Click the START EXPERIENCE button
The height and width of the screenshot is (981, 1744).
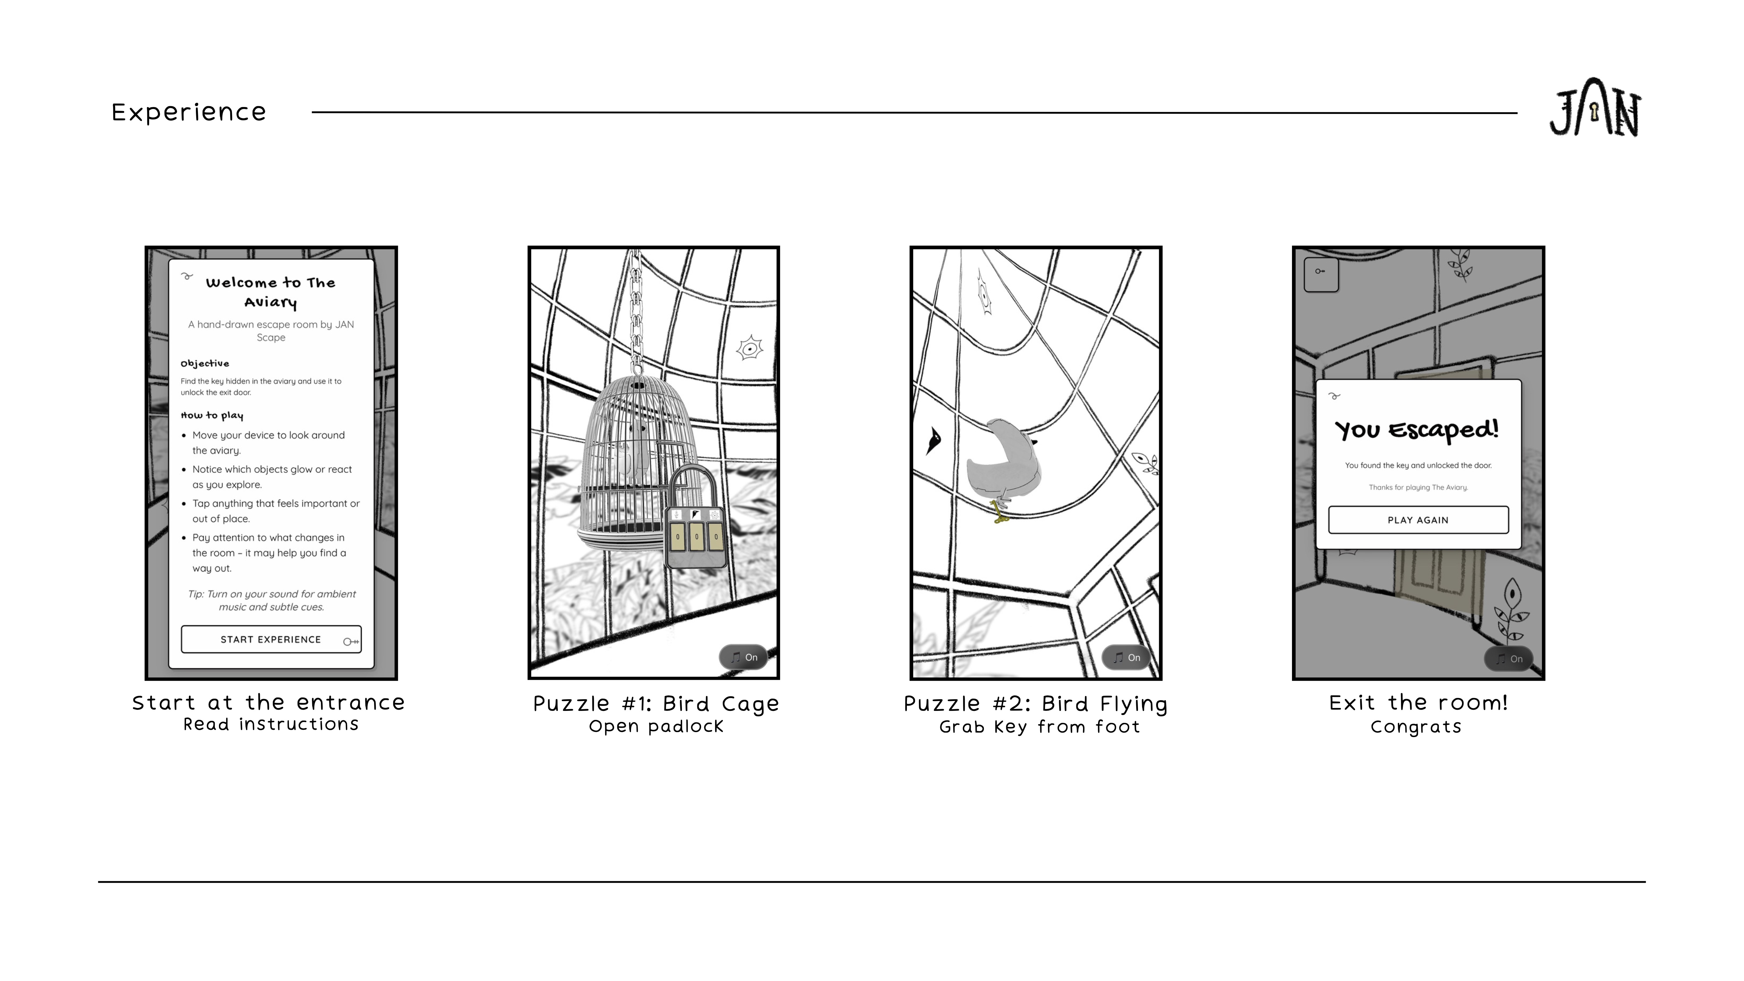271,639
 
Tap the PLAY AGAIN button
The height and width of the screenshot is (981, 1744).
1418,520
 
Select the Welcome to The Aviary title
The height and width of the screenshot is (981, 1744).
271,292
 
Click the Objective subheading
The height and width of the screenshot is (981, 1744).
204,363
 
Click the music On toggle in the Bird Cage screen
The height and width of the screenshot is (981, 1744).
743,657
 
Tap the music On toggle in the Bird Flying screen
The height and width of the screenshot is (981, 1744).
1126,657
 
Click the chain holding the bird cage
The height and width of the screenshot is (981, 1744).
636,311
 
